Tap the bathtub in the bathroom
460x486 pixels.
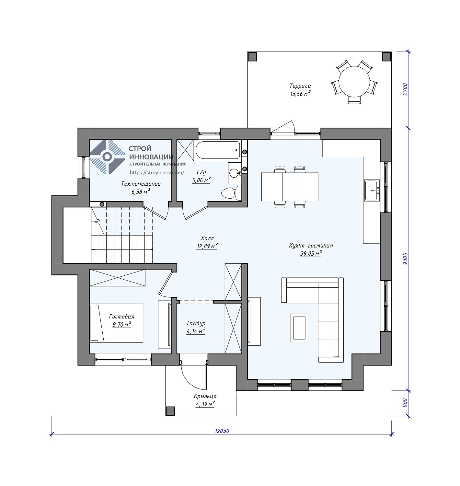(x=218, y=150)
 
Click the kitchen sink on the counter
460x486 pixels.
(x=372, y=190)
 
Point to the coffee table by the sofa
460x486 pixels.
(x=299, y=328)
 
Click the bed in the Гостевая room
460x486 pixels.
(x=116, y=323)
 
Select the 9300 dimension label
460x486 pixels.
(x=405, y=259)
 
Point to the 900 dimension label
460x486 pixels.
(x=405, y=403)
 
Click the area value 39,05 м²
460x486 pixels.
(x=311, y=253)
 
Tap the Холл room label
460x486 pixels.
(x=207, y=238)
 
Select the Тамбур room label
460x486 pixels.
(x=196, y=323)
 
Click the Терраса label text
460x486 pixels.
(x=300, y=86)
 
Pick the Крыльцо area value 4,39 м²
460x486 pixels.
(x=205, y=404)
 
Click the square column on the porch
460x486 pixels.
(x=170, y=411)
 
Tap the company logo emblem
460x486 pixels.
(x=107, y=156)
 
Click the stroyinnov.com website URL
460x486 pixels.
(x=157, y=173)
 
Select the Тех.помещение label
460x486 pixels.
(x=141, y=184)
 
